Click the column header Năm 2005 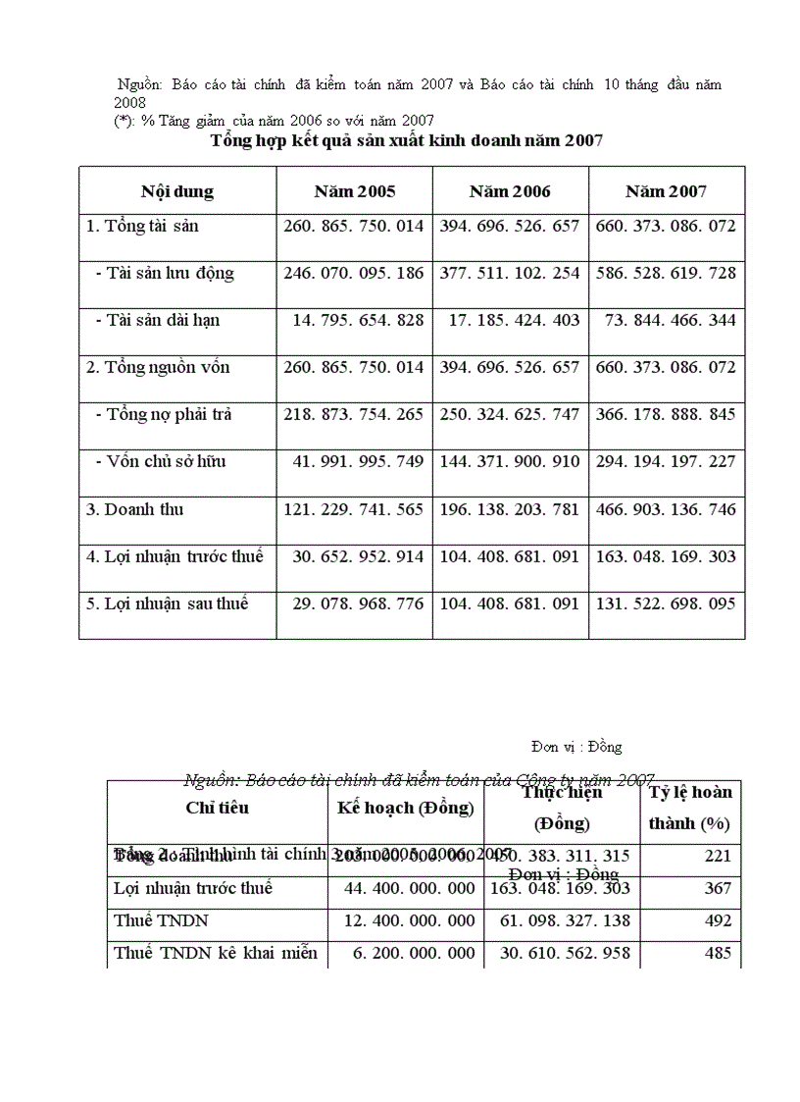[354, 191]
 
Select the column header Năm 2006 [510, 191]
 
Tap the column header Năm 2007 [666, 191]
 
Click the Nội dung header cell [177, 191]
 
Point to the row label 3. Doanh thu [135, 509]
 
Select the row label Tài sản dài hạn [164, 320]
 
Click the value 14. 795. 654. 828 [358, 320]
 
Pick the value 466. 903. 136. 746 [666, 509]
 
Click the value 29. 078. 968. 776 [358, 603]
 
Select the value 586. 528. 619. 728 [666, 273]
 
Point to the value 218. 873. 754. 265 [354, 414]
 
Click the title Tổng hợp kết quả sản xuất [406, 141]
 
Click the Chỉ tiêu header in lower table [217, 808]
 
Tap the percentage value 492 [718, 920]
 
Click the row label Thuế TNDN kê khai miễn [216, 953]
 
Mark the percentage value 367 [718, 888]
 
